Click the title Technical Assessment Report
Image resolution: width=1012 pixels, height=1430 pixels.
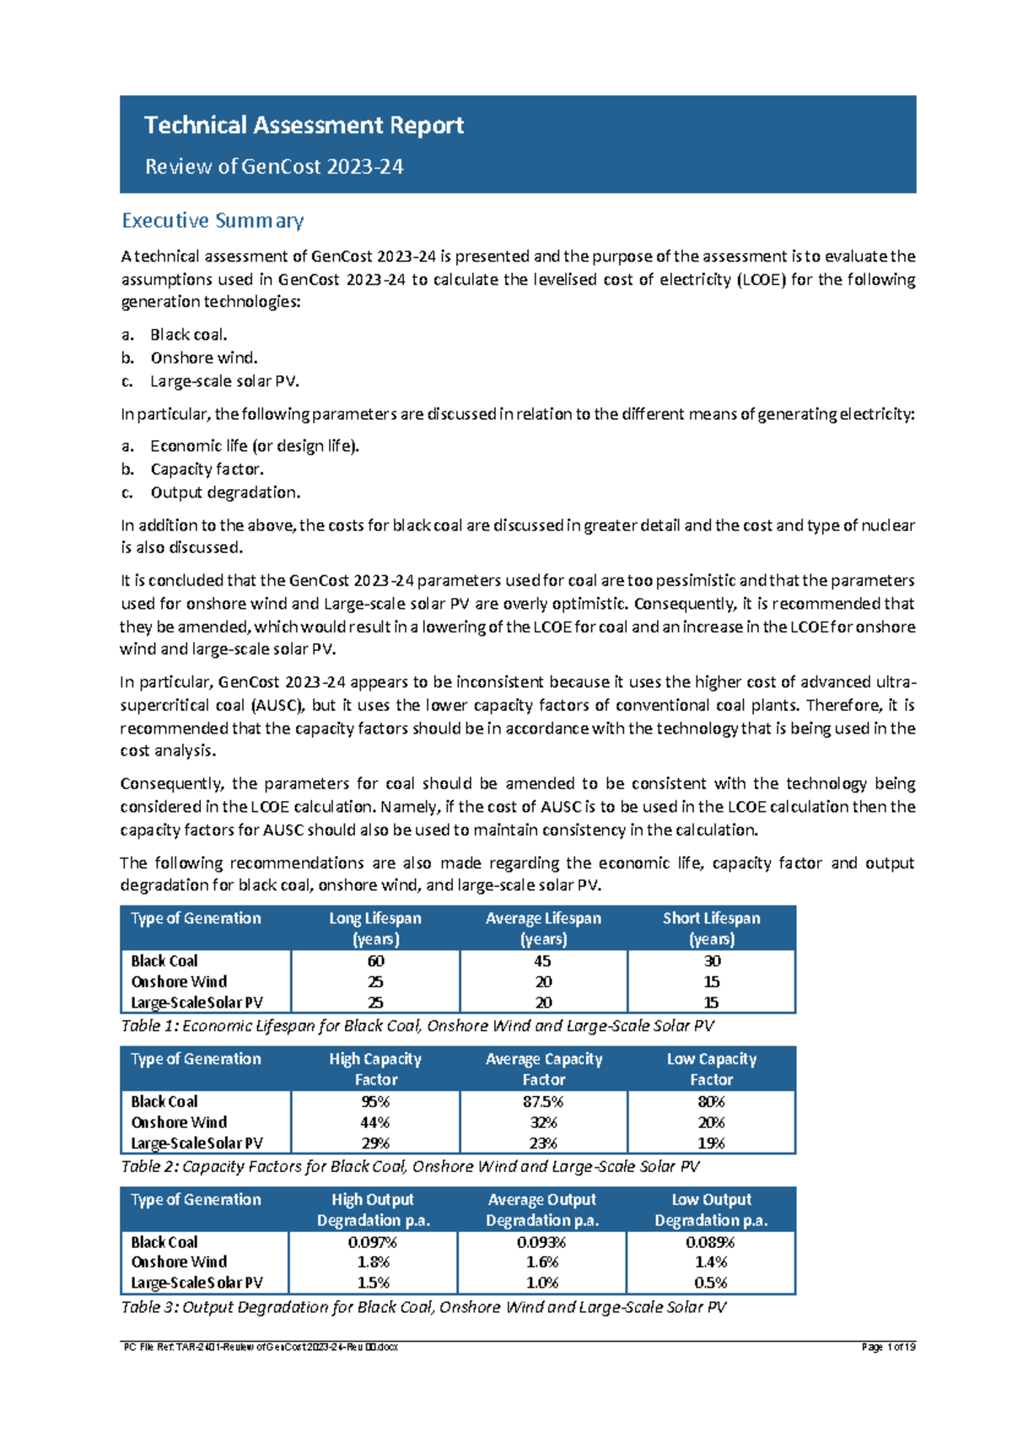click(x=304, y=126)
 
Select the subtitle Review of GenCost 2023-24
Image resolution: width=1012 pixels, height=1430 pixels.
click(x=274, y=167)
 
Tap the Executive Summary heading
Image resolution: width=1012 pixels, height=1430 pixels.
click(x=213, y=221)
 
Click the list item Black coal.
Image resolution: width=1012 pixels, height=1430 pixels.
click(x=188, y=335)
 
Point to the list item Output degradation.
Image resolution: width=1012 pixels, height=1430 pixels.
click(x=224, y=492)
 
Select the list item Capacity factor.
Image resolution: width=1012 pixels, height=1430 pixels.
click(x=207, y=470)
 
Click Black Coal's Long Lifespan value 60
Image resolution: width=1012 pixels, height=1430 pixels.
click(x=375, y=961)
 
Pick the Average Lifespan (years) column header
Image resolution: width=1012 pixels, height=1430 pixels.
click(x=543, y=928)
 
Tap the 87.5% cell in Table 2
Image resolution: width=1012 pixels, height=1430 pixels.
click(x=543, y=1102)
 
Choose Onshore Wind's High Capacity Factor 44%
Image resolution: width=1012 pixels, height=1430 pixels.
click(x=375, y=1123)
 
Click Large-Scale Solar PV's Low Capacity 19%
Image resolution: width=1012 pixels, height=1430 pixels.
click(x=711, y=1144)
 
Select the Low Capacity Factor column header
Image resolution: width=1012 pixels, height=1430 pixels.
click(x=711, y=1069)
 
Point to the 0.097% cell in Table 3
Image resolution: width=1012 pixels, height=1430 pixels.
click(x=373, y=1243)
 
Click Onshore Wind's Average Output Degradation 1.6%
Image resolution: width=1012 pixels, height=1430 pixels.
click(x=542, y=1262)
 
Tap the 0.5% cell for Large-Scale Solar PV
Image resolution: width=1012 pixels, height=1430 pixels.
click(x=711, y=1283)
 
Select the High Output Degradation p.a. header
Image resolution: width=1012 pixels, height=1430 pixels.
click(x=373, y=1210)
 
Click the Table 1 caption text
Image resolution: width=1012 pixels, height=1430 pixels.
click(x=417, y=1026)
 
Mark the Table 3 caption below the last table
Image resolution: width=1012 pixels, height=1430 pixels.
click(x=423, y=1308)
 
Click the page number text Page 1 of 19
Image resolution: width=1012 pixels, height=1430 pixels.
click(x=888, y=1347)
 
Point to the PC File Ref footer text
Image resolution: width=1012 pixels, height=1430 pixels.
click(x=261, y=1347)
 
